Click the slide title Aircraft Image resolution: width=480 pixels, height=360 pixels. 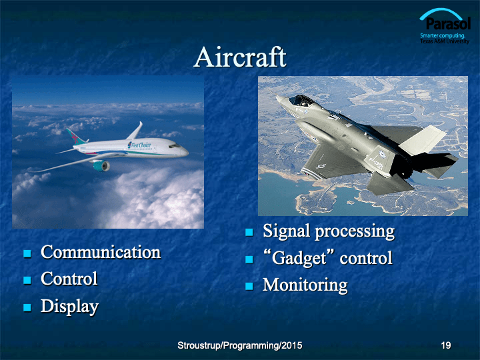tap(240, 57)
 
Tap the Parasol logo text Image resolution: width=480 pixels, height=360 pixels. tap(448, 23)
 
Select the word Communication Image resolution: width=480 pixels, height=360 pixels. tap(101, 252)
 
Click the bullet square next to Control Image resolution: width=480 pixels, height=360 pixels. tap(27, 280)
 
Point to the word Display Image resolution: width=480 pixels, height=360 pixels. tap(69, 307)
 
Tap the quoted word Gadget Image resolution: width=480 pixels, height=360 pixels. tap(299, 259)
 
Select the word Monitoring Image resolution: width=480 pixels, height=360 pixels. tap(305, 285)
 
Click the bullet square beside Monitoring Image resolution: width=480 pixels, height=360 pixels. tap(249, 286)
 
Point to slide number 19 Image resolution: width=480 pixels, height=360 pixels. tap(446, 345)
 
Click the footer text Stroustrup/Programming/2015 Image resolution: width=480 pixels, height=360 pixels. tap(240, 345)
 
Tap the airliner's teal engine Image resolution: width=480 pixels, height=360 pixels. tap(101, 165)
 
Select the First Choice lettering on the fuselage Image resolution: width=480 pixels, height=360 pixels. tap(140, 145)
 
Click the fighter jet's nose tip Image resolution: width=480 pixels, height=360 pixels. tap(277, 97)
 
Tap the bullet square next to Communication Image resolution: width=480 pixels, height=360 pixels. tap(27, 253)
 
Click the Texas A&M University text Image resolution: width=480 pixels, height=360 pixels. tap(445, 41)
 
